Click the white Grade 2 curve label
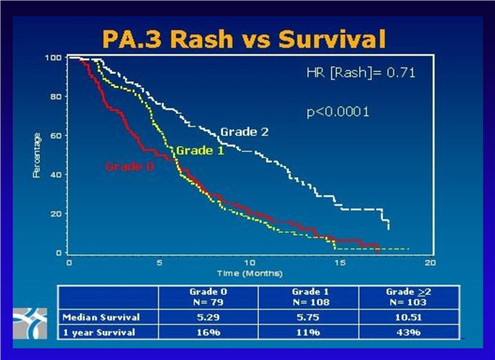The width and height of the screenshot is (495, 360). tap(244, 132)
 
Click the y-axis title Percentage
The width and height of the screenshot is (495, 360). tap(36, 155)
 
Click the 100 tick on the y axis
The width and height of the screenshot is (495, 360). tap(52, 58)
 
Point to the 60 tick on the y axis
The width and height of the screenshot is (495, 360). tap(55, 136)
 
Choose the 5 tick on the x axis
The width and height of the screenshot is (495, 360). tap(158, 263)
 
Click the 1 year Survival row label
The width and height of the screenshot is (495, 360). tap(98, 331)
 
